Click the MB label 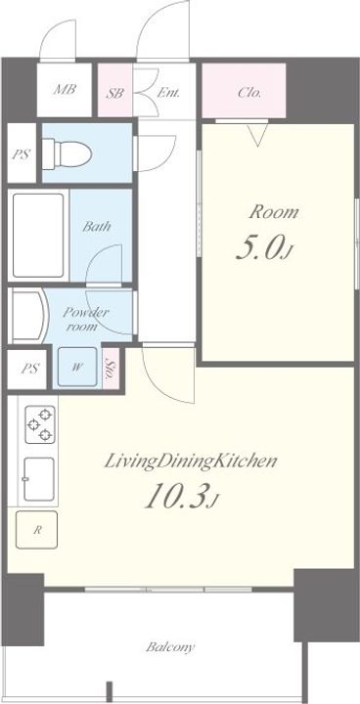pos(65,89)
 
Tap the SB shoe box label pos(115,93)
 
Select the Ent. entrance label pos(168,93)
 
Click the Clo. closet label pos(249,93)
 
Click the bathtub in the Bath pos(38,236)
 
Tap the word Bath pos(96,226)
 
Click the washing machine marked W pos(77,367)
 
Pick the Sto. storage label pos(110,369)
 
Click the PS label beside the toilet pos(21,154)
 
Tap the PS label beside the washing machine pos(29,369)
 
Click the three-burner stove pos(40,424)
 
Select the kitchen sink pos(39,479)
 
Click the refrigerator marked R pos(36,530)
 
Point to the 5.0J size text pos(263,250)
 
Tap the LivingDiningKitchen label pos(190,462)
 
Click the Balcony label pos(170,647)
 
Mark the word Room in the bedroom pos(274,212)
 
